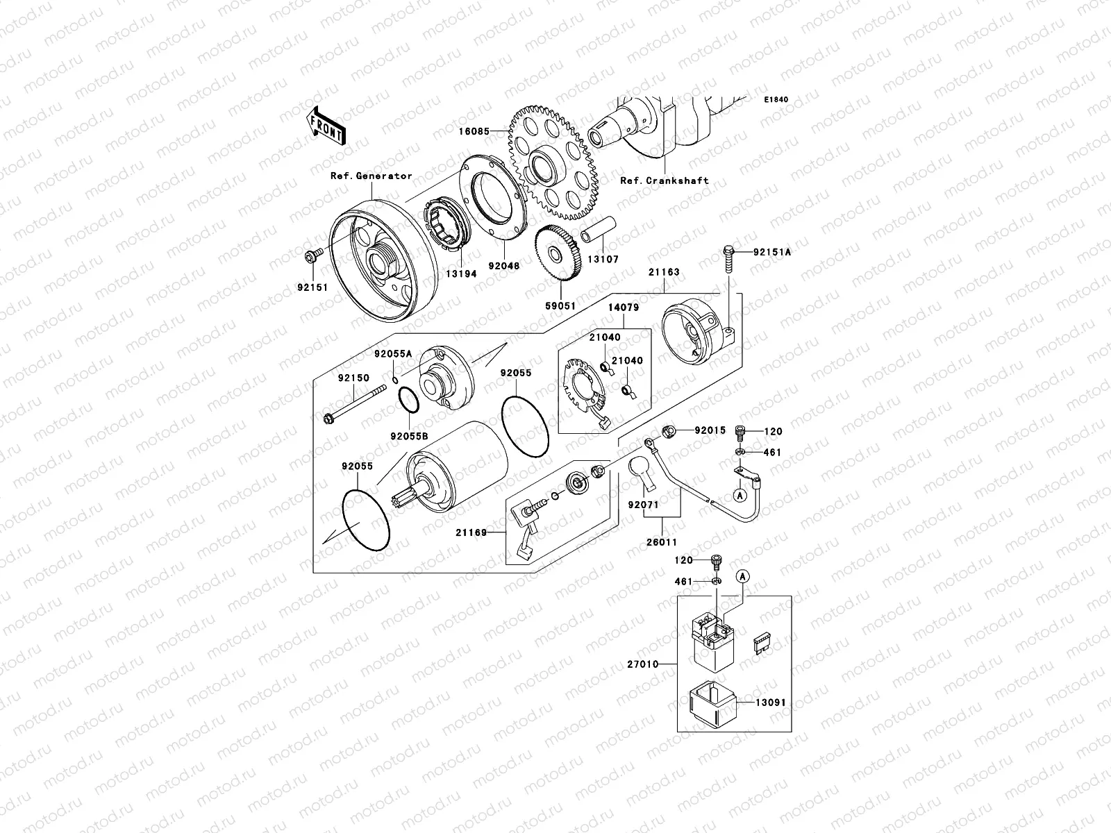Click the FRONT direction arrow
click(x=328, y=126)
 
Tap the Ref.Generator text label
click(x=371, y=176)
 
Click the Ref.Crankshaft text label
click(x=664, y=180)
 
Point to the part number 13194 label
click(x=460, y=274)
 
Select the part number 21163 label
click(x=664, y=273)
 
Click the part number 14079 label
click(x=624, y=307)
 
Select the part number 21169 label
click(x=471, y=532)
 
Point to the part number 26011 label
click(x=663, y=541)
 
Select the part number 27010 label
click(x=642, y=664)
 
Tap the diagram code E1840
click(x=776, y=100)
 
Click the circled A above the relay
click(x=743, y=576)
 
